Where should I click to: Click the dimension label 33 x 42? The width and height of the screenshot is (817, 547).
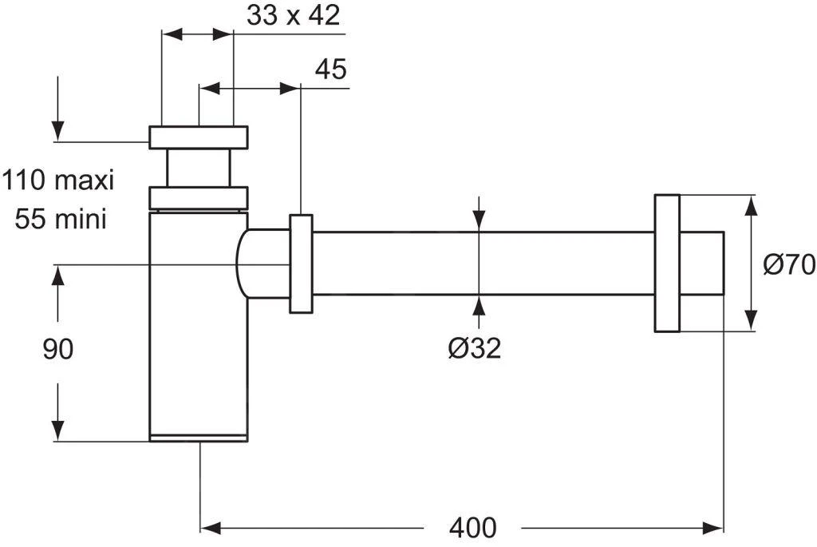click(294, 17)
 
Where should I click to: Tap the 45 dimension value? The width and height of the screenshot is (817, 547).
click(330, 69)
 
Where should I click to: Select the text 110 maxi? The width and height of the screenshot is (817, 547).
click(58, 180)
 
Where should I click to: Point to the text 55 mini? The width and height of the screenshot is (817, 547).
click(61, 218)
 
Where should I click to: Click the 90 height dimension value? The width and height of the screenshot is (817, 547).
click(58, 349)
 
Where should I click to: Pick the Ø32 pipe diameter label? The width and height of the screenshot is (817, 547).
click(475, 347)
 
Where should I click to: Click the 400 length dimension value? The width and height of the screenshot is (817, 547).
click(472, 528)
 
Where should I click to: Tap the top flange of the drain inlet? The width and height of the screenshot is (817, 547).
click(199, 137)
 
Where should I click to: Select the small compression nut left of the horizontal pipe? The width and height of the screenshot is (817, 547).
click(302, 264)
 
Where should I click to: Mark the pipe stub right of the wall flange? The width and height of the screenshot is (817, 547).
click(701, 264)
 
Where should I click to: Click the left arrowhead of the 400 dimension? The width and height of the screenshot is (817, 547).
click(209, 527)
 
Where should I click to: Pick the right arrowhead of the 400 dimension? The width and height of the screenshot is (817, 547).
click(714, 527)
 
